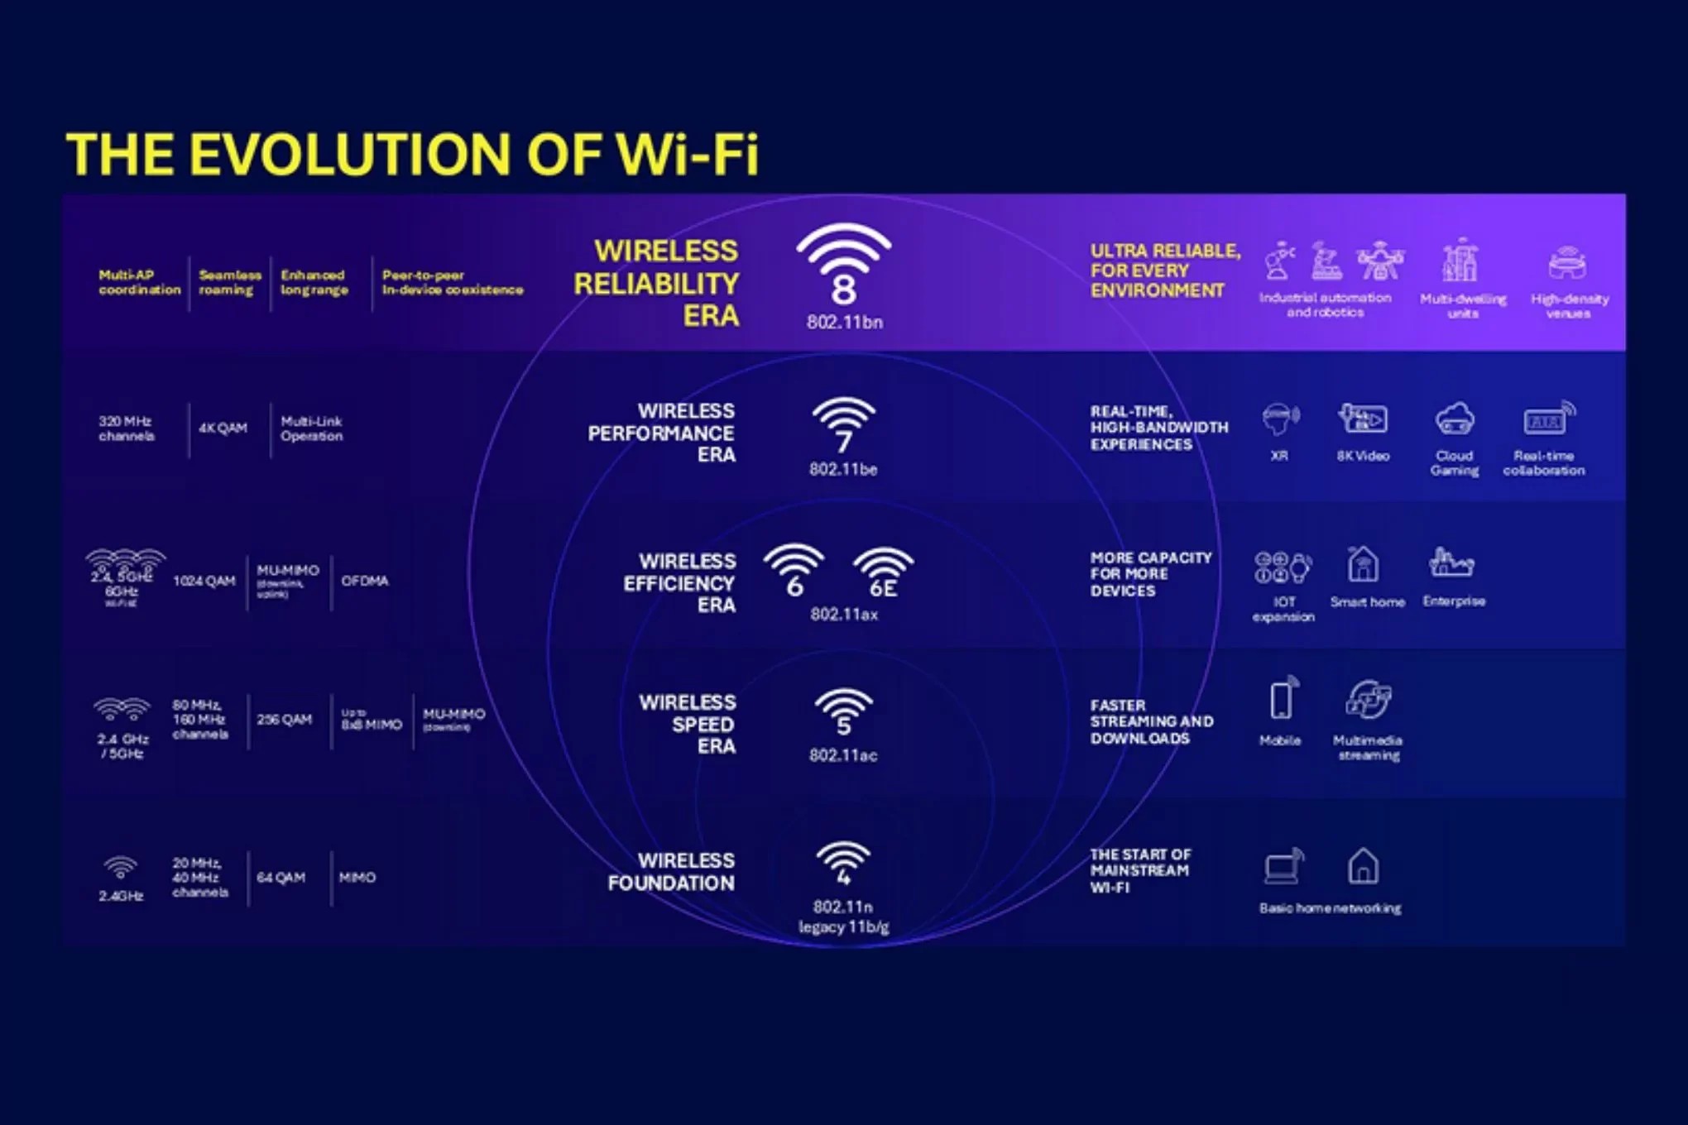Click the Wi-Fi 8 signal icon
click(x=843, y=265)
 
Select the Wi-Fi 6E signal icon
click(x=883, y=572)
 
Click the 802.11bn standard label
click(x=844, y=323)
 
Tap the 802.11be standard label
click(x=843, y=469)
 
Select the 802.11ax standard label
click(x=843, y=614)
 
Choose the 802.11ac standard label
click(x=843, y=755)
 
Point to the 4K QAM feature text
click(x=223, y=428)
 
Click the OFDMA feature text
click(x=365, y=581)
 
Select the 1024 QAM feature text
click(x=204, y=581)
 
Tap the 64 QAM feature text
click(x=281, y=877)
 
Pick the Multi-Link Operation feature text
click(x=311, y=428)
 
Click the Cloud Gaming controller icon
click(x=1454, y=419)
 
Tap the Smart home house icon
click(x=1363, y=565)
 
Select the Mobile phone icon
click(x=1282, y=699)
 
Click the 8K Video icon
click(x=1363, y=419)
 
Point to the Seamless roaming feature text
click(x=229, y=282)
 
